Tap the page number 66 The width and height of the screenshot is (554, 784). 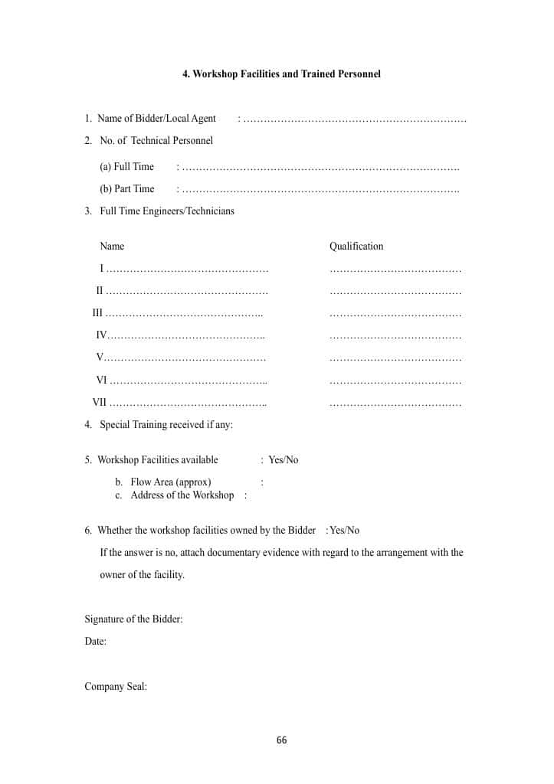click(x=281, y=740)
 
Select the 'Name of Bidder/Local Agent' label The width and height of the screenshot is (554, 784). click(x=156, y=119)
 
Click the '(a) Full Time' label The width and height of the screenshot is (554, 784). click(x=126, y=167)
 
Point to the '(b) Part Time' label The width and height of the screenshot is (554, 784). click(x=126, y=189)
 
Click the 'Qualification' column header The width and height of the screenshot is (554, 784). click(x=356, y=247)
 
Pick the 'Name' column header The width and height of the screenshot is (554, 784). click(x=112, y=247)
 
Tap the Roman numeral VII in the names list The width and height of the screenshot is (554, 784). click(x=100, y=403)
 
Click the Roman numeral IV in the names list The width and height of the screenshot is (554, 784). click(x=101, y=335)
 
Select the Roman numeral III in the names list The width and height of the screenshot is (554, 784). click(x=97, y=313)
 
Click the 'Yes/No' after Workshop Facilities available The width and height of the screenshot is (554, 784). click(x=283, y=460)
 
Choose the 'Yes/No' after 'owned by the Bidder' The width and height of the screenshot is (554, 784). click(x=344, y=531)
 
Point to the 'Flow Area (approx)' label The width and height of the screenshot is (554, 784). click(x=170, y=482)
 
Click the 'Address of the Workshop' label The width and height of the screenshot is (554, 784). click(x=182, y=495)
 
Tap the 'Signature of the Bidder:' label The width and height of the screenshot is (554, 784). click(x=133, y=619)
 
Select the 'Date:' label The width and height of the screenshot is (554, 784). click(x=95, y=642)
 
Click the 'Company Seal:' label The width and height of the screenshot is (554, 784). click(x=116, y=687)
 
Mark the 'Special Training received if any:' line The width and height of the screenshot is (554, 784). click(x=166, y=425)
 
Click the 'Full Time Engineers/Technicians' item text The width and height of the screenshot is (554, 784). click(x=166, y=211)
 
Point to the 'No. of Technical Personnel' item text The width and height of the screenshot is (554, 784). click(x=156, y=141)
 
